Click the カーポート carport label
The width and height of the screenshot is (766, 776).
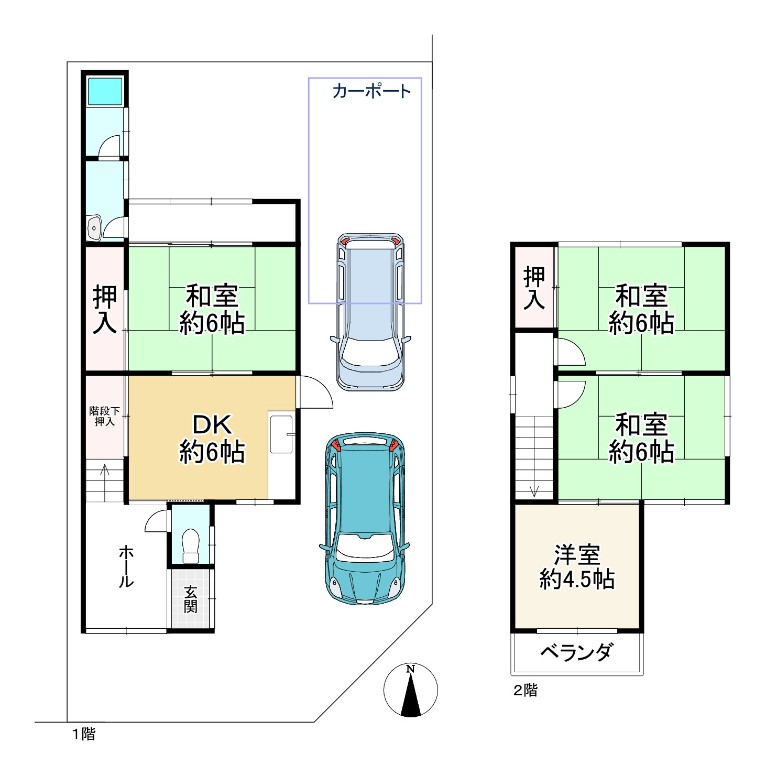click(x=372, y=91)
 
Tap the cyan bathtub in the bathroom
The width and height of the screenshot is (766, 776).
click(x=105, y=91)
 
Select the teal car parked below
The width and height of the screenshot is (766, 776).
click(x=365, y=519)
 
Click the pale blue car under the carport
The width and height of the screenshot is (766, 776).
click(x=370, y=312)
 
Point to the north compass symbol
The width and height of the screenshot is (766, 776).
click(x=411, y=690)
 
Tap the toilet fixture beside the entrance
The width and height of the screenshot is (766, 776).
click(x=190, y=545)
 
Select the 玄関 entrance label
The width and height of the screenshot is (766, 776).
click(x=190, y=599)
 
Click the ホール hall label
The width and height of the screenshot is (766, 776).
click(x=126, y=566)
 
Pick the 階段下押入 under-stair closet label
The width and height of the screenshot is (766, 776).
click(x=104, y=416)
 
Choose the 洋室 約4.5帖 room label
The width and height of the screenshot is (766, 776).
click(x=577, y=567)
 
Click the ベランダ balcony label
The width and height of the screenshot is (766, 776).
click(x=576, y=652)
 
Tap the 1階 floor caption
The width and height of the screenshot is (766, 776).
click(x=84, y=734)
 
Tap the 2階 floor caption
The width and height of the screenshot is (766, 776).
click(x=526, y=690)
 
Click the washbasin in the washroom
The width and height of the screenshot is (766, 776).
click(x=94, y=228)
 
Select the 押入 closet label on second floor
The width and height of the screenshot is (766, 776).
click(x=534, y=288)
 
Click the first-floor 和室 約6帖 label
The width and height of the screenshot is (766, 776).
click(x=212, y=309)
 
